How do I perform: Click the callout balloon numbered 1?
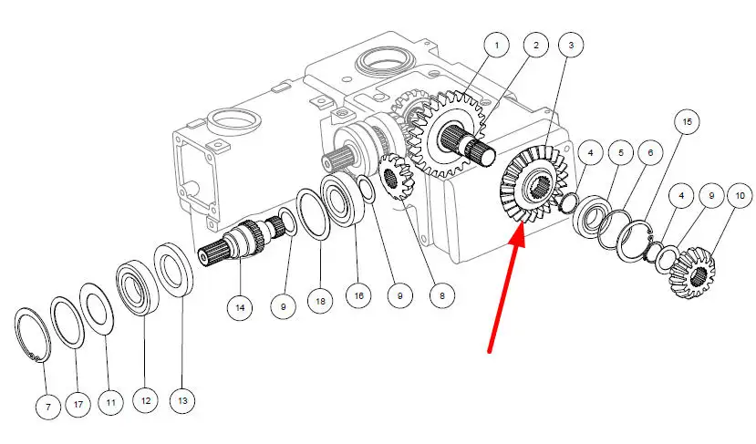(x=497, y=45)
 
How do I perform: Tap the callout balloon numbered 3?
(x=571, y=45)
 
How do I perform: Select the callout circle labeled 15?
(x=687, y=122)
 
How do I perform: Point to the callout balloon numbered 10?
(x=740, y=196)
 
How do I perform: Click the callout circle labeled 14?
(x=240, y=307)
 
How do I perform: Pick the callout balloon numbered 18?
(x=320, y=301)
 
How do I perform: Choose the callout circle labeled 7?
(x=48, y=407)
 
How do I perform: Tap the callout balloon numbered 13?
(x=182, y=400)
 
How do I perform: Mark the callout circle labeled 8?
(x=441, y=295)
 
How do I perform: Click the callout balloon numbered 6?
(x=650, y=153)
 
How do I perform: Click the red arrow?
(x=506, y=292)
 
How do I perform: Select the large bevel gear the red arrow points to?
(x=534, y=184)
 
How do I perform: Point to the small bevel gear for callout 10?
(x=694, y=272)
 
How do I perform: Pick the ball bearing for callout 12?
(x=138, y=288)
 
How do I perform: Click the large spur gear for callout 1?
(x=446, y=133)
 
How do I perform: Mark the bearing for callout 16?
(x=342, y=199)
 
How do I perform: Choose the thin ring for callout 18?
(x=313, y=214)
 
